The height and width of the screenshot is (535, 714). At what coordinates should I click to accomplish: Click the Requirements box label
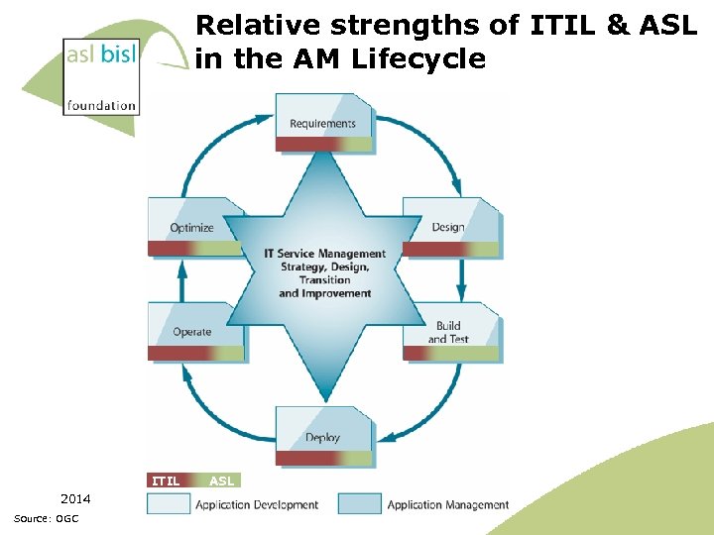tap(322, 124)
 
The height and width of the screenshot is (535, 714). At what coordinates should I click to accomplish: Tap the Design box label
tap(448, 227)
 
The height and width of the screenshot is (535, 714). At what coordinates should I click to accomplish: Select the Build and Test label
tap(448, 332)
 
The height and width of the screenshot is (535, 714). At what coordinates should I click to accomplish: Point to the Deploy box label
tap(322, 437)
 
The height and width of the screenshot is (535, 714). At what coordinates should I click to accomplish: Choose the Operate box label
tap(192, 332)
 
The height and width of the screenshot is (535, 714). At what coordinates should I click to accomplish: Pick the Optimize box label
tap(191, 227)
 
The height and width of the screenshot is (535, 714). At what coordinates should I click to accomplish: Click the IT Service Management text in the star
tap(324, 254)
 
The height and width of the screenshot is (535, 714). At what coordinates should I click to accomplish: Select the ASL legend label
tap(222, 481)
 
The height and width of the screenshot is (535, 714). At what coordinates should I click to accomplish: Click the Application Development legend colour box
tap(168, 504)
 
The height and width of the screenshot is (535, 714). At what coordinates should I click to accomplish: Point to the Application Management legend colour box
tap(359, 504)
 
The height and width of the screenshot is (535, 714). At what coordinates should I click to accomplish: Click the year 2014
tap(75, 498)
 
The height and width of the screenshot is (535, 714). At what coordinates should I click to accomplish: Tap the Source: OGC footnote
tap(47, 519)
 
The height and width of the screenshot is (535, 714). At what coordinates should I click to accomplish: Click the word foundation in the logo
tap(101, 105)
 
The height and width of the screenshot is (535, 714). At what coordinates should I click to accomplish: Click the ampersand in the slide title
tap(620, 25)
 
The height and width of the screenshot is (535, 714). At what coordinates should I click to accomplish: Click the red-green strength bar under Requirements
tap(324, 145)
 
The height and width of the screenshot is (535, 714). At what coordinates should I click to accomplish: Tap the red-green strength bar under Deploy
tap(324, 458)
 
